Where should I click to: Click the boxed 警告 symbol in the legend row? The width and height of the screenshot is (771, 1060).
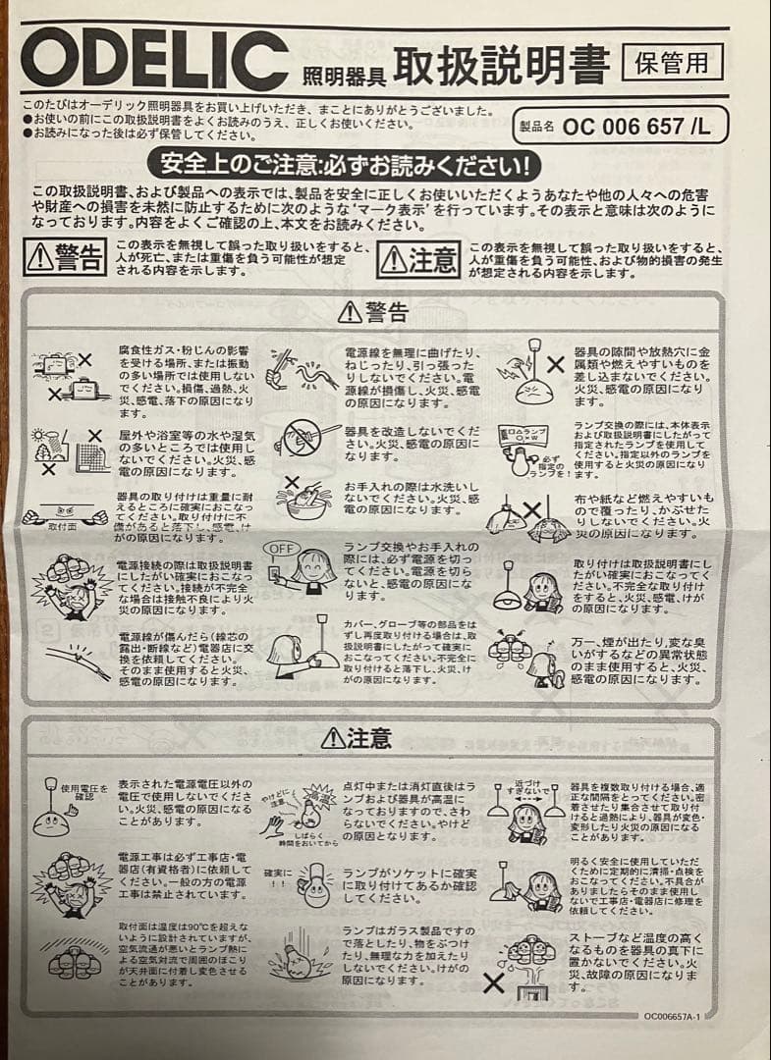coord(67,257)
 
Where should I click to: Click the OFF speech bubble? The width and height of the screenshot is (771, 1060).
coord(282,548)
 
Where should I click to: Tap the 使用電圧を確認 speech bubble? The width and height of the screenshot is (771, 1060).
coord(82,792)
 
